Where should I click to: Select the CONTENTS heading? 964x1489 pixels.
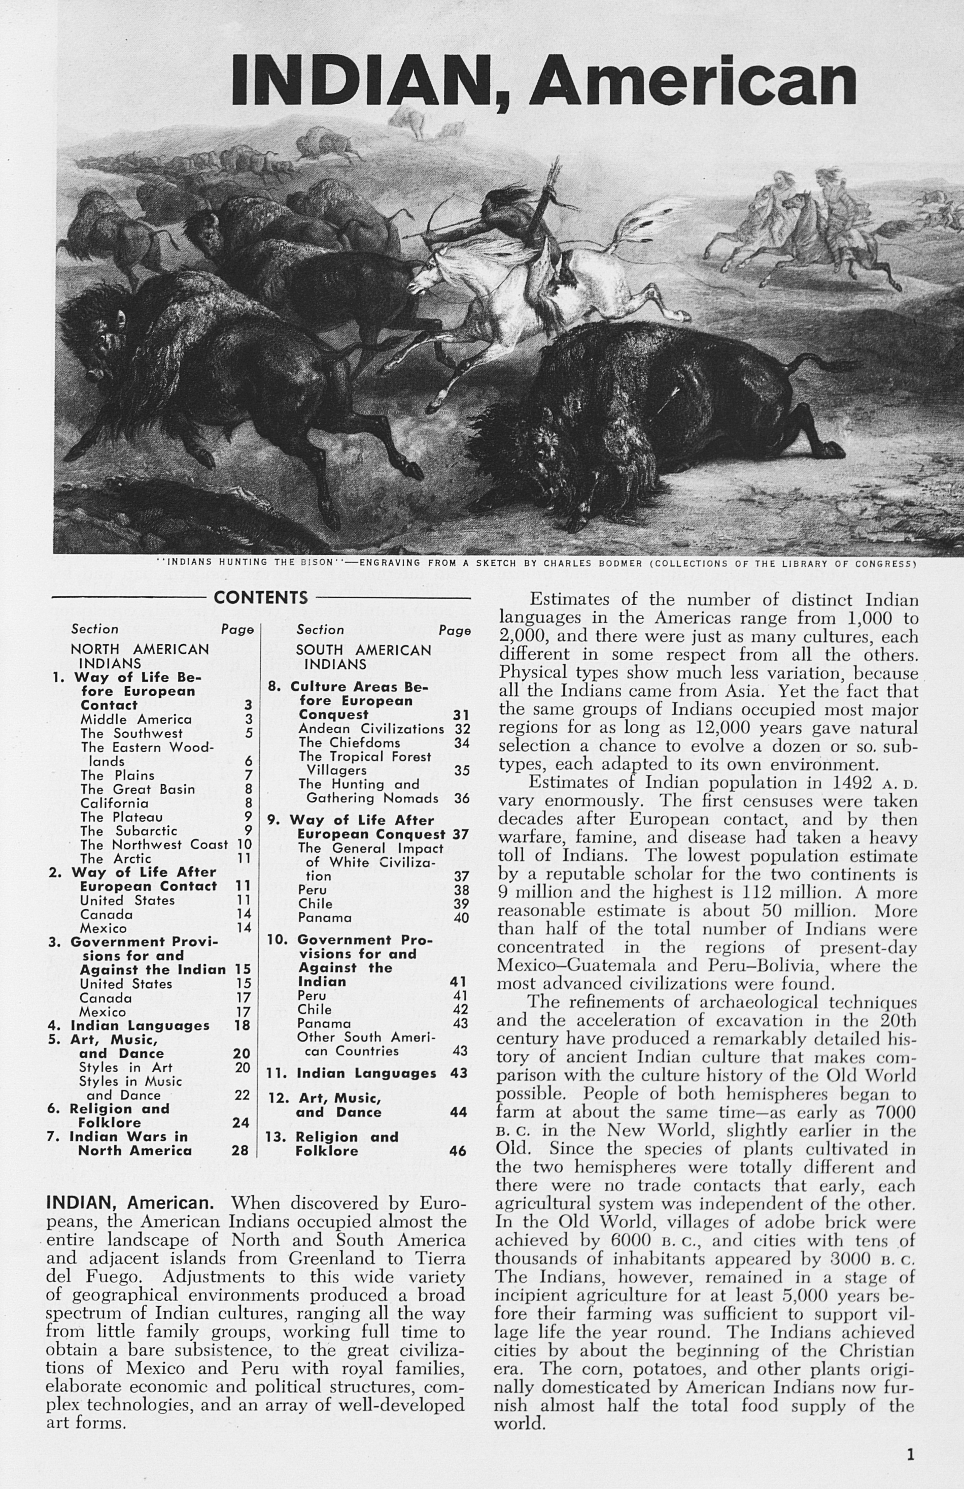261,597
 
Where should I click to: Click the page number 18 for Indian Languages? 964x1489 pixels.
242,1025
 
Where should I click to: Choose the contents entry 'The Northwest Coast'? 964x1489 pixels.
154,845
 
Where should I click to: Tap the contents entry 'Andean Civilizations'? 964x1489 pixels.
371,729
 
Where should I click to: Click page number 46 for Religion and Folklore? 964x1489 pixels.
458,1151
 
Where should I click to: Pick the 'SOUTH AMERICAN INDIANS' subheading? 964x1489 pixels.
363,657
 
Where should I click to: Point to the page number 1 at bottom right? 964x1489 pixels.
910,1438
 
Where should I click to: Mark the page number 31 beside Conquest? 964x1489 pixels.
462,715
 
